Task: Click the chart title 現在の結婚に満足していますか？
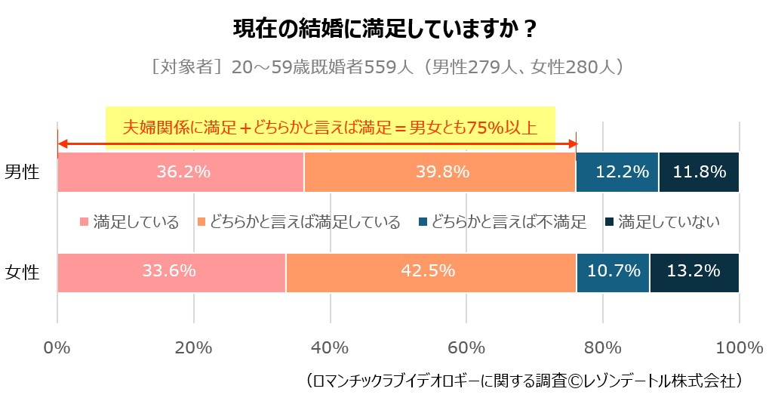(x=385, y=30)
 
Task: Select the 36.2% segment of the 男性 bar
(x=180, y=172)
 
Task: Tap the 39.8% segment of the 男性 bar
(x=440, y=172)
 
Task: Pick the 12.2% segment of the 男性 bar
(x=617, y=172)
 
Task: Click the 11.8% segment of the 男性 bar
(x=699, y=172)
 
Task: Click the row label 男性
(x=22, y=172)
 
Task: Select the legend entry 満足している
(x=129, y=222)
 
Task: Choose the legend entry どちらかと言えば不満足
(x=503, y=222)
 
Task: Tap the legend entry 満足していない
(x=663, y=222)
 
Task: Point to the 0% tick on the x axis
(x=57, y=348)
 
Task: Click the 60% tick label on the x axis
(x=466, y=348)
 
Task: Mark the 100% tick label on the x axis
(x=739, y=348)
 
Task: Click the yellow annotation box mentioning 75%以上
(x=331, y=126)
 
